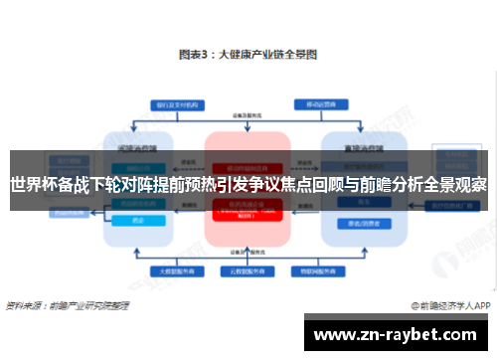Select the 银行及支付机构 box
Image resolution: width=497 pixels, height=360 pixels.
pyautogui.click(x=172, y=104)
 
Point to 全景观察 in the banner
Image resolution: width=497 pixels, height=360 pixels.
pyautogui.click(x=456, y=184)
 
